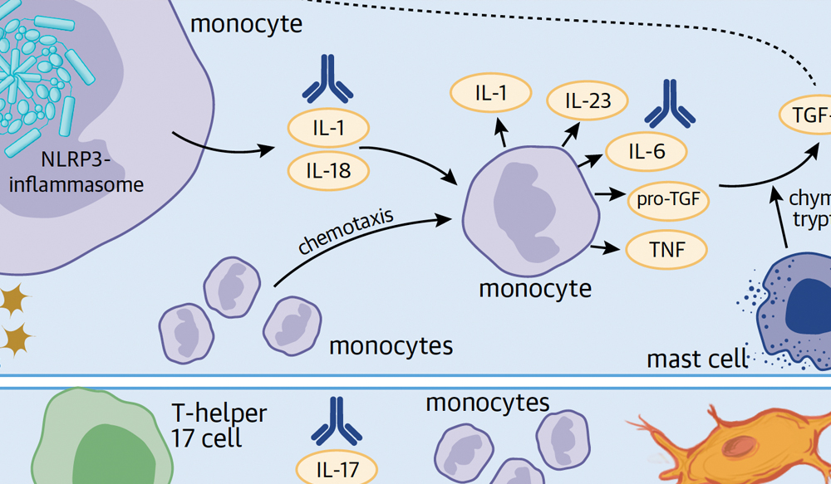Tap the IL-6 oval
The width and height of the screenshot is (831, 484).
[647, 151]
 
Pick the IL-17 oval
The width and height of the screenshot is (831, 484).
[337, 470]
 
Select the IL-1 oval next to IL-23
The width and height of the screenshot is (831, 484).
[491, 94]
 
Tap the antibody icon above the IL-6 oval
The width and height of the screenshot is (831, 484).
[670, 105]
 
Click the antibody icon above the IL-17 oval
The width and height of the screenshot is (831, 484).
[336, 420]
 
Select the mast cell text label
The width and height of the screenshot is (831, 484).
[697, 359]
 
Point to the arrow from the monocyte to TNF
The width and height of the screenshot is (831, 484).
[607, 246]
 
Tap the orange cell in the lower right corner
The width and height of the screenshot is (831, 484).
[748, 448]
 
